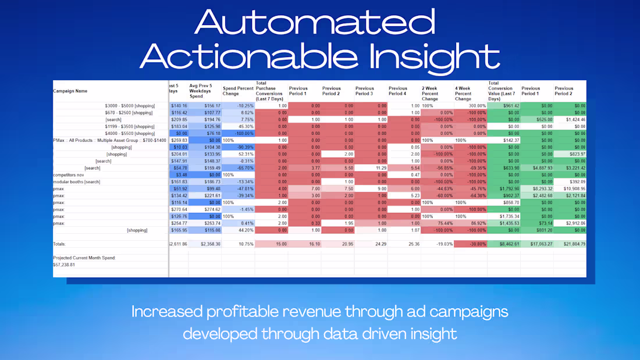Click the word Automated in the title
(315, 22)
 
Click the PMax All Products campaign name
(109, 140)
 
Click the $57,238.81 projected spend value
(64, 264)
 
